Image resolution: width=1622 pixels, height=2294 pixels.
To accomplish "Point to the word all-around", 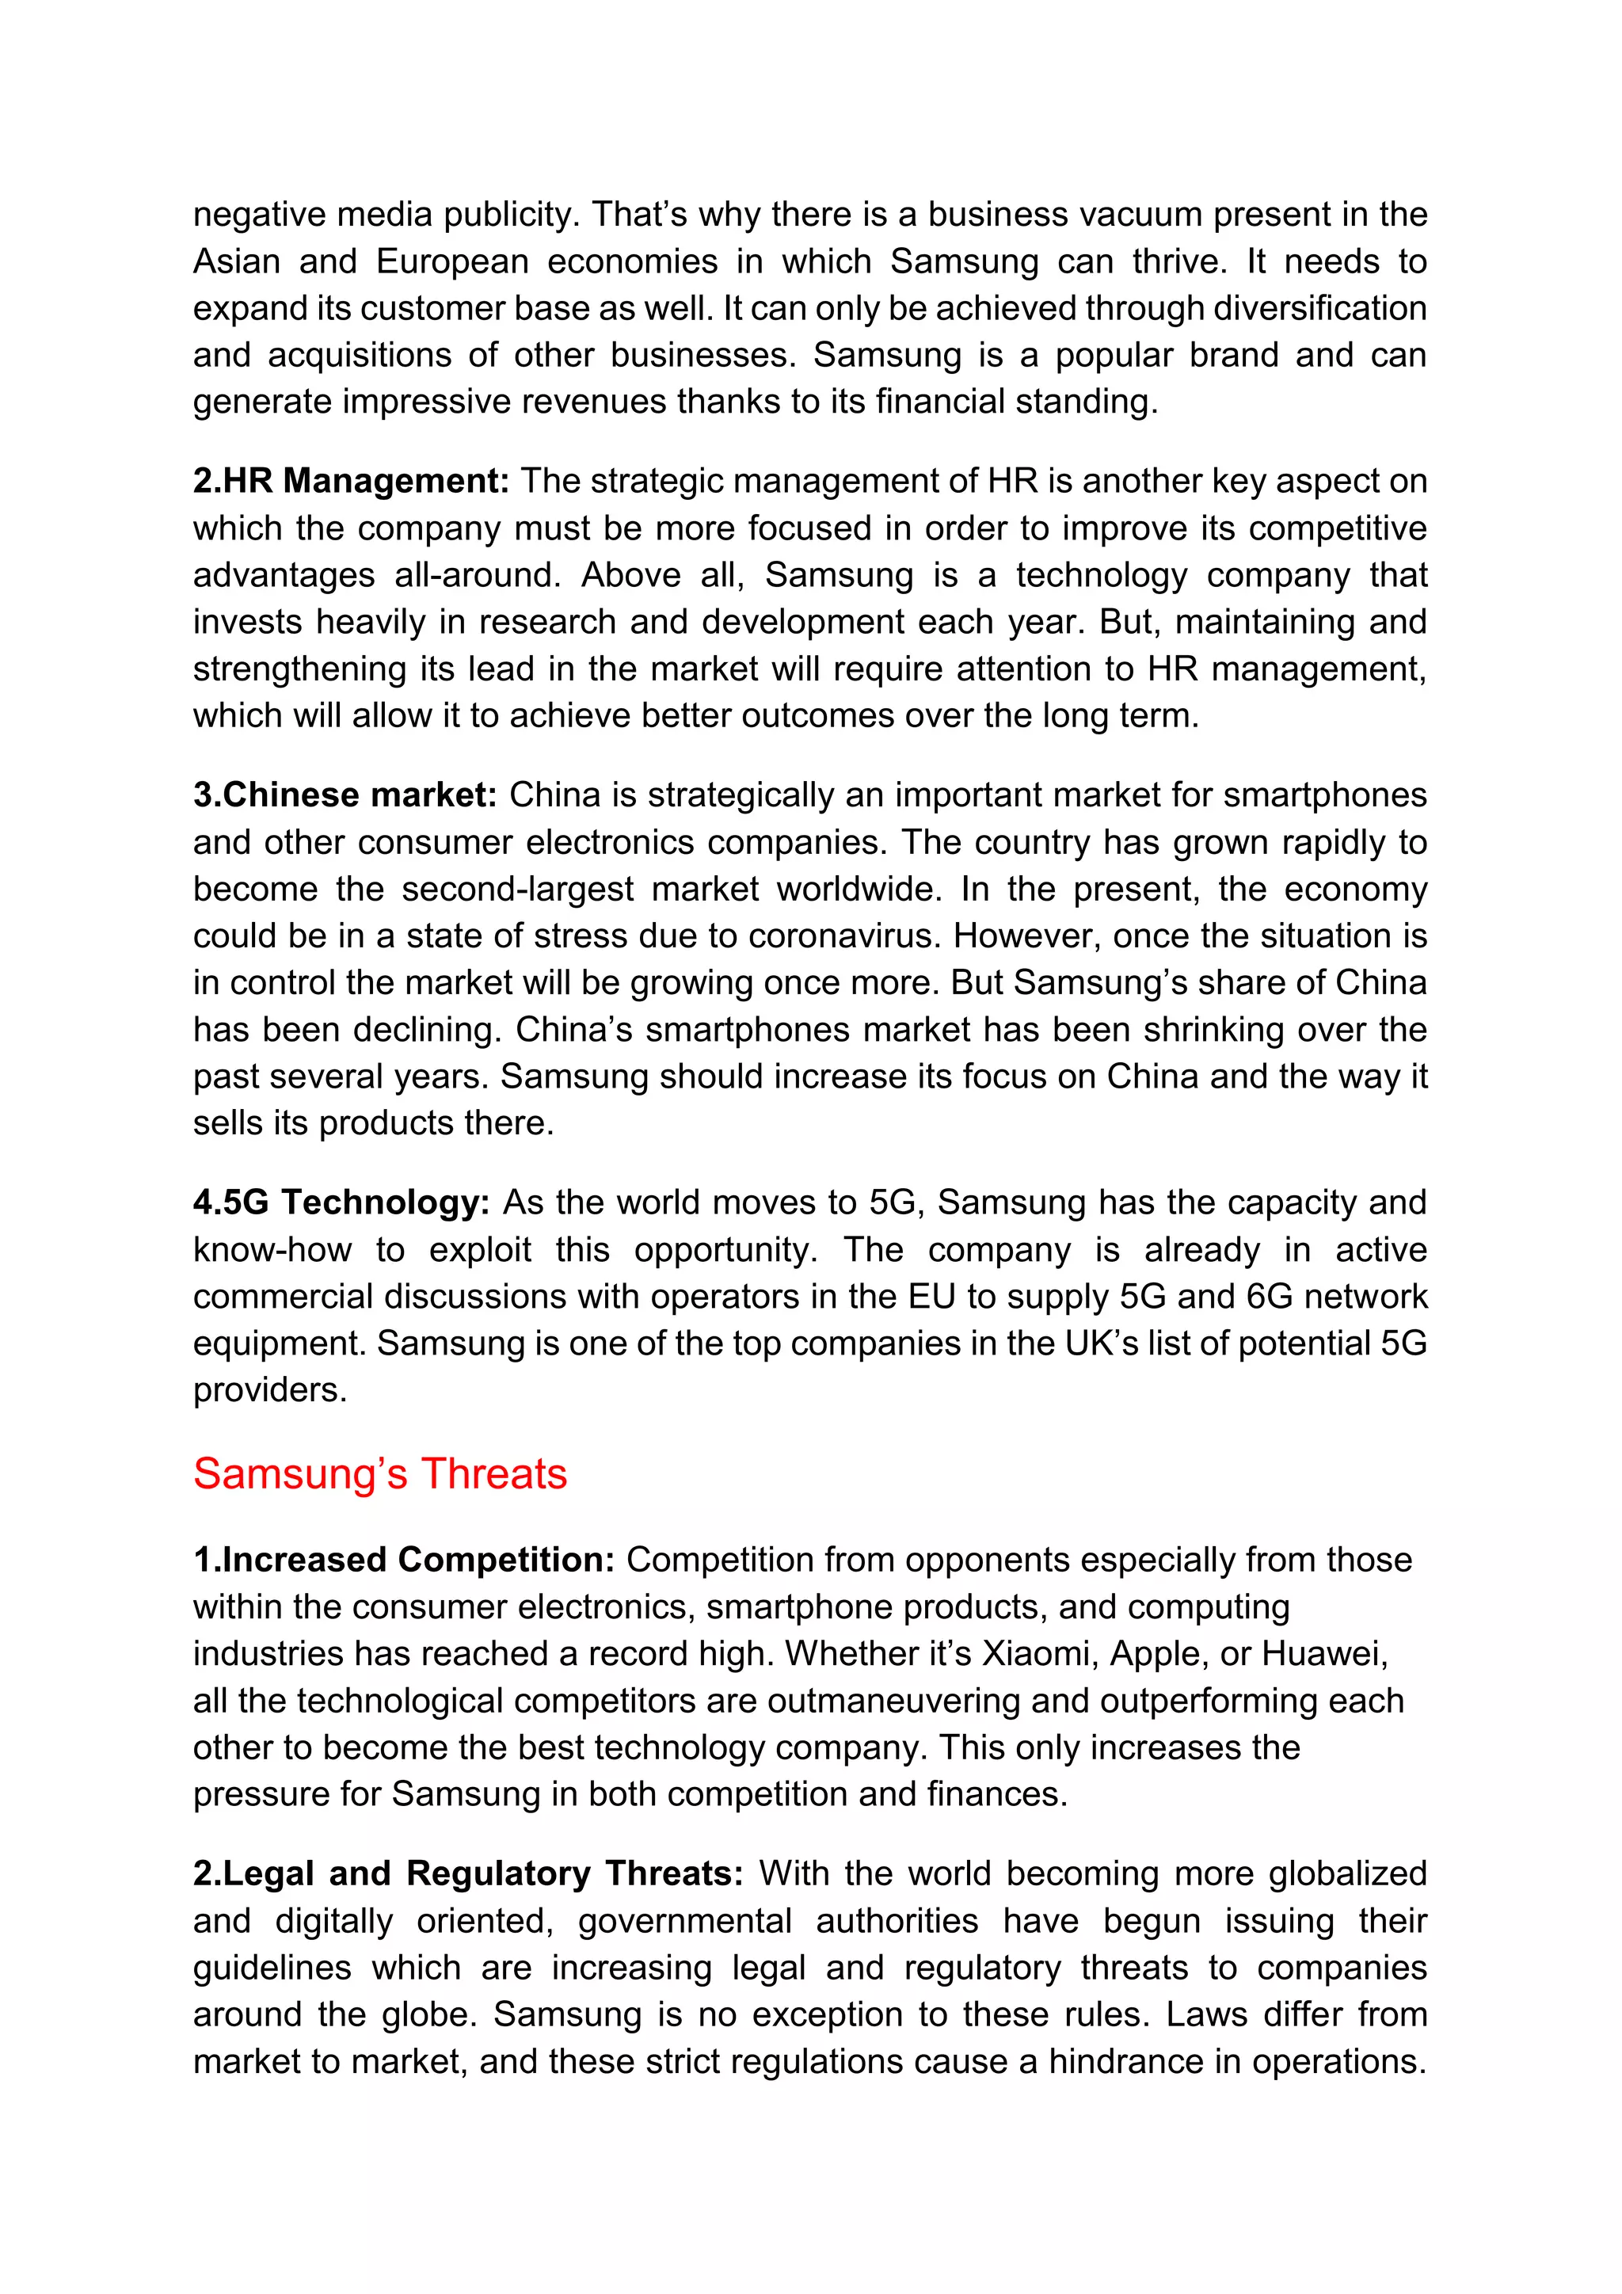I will pyautogui.click(x=478, y=576).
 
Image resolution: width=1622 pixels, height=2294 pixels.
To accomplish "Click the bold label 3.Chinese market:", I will pyautogui.click(x=345, y=795).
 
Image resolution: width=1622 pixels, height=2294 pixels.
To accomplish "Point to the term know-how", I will pyautogui.click(x=272, y=1250).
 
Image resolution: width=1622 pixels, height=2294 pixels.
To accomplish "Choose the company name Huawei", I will pyautogui.click(x=1324, y=1655).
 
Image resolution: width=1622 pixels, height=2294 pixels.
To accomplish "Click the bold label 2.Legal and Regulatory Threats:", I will pyautogui.click(x=467, y=1874).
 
